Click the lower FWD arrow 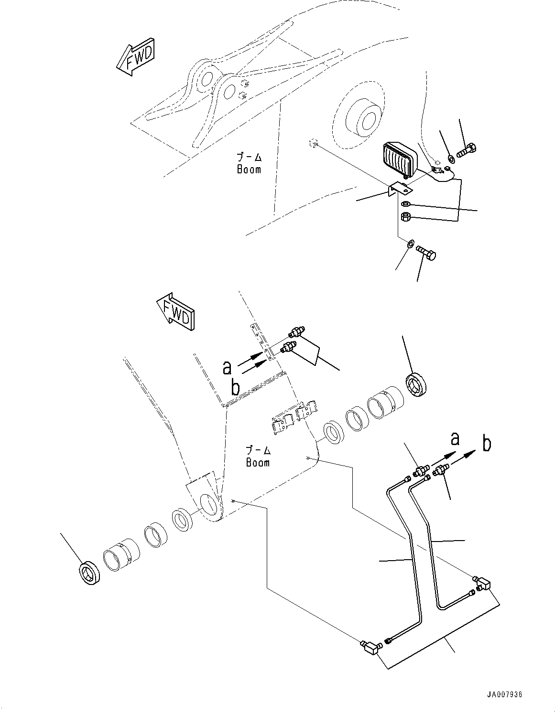click(x=175, y=313)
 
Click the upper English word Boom click(x=249, y=169)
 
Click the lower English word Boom click(x=258, y=462)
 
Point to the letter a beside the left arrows click(x=228, y=367)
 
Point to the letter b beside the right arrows click(x=486, y=444)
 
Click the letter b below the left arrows click(x=235, y=387)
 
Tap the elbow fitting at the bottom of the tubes click(x=370, y=647)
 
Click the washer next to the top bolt click(x=451, y=158)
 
